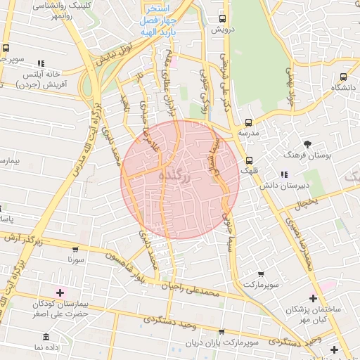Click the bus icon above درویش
coord(223,19)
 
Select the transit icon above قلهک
coord(250,160)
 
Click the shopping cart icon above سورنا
coord(76,249)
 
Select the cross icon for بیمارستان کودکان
coord(59,292)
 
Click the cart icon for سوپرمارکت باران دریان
coord(222,333)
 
